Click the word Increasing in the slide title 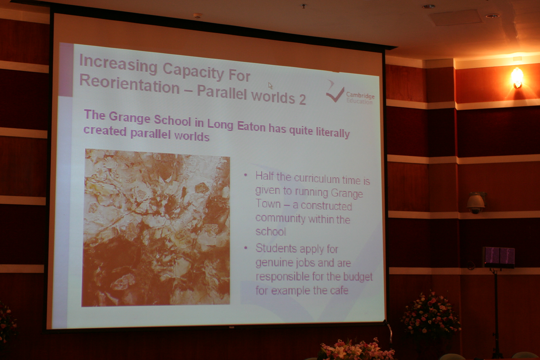coord(118,64)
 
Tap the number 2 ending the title coord(302,100)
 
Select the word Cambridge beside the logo coord(360,95)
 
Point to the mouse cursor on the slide coord(270,86)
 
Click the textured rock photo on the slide coord(156,228)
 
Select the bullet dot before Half coord(246,175)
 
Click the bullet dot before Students coord(246,248)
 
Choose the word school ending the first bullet coord(271,232)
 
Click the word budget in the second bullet coord(358,277)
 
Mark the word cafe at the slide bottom coord(339,291)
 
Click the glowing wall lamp coord(517,77)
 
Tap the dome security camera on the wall coord(476,203)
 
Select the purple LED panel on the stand coord(499,257)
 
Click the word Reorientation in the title coord(129,85)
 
